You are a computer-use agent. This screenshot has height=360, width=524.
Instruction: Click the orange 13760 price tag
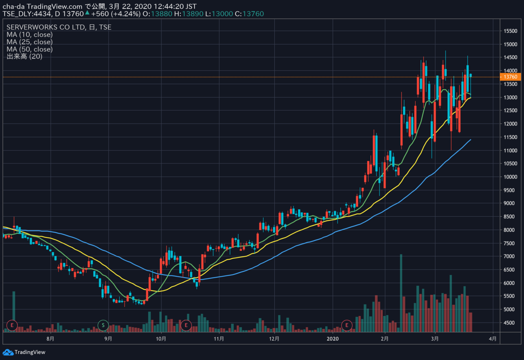(x=510, y=77)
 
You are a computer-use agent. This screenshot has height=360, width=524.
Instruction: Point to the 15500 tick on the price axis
(x=510, y=31)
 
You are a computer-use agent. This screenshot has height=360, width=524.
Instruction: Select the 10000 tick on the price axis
(x=510, y=177)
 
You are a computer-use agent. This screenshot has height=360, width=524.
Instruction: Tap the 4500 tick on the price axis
(x=512, y=322)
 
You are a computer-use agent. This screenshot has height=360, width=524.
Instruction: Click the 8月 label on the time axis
(x=50, y=339)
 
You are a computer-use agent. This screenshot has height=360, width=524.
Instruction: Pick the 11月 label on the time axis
(x=219, y=339)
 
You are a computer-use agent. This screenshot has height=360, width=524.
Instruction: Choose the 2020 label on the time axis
(x=333, y=339)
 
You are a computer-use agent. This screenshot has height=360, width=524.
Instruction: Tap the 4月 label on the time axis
(x=493, y=339)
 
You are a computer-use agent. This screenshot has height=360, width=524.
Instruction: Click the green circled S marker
(x=103, y=325)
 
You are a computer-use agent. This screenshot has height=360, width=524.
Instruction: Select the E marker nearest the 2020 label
(x=347, y=325)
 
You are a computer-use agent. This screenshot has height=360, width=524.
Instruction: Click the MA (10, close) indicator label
(x=30, y=34)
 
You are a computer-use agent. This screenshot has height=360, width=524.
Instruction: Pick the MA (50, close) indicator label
(x=30, y=49)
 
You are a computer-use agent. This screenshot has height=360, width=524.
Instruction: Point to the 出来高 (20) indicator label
(x=24, y=56)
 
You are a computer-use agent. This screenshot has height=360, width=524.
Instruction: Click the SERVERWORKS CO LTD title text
(x=45, y=27)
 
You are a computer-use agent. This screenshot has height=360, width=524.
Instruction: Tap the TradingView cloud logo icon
(x=8, y=352)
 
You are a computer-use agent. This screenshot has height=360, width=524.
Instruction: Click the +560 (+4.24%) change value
(x=116, y=14)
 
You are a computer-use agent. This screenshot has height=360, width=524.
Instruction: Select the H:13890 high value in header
(x=189, y=14)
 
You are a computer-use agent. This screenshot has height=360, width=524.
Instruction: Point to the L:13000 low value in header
(x=219, y=14)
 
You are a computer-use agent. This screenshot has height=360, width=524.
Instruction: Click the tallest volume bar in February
(x=401, y=293)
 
